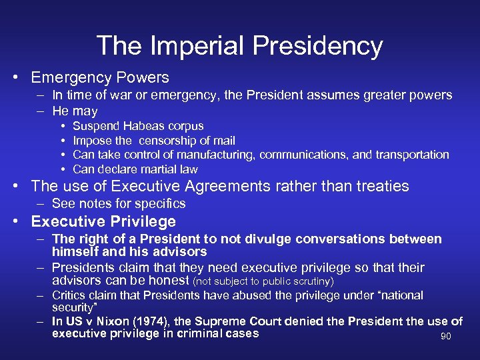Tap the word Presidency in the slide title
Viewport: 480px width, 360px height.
315,46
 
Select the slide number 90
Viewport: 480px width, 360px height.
446,336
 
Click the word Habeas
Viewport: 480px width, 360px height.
139,126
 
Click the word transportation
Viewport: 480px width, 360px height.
410,155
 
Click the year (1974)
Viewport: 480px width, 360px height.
153,321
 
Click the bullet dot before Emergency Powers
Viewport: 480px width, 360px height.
21,78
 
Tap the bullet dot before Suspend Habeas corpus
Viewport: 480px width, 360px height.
62,126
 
